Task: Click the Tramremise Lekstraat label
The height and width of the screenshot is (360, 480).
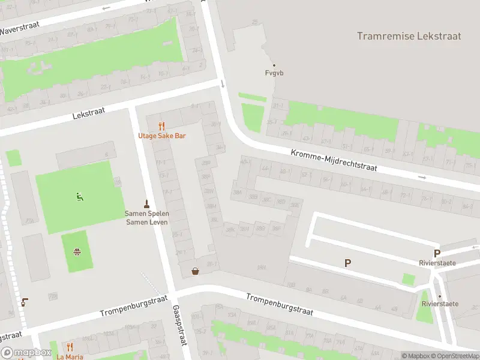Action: (x=409, y=36)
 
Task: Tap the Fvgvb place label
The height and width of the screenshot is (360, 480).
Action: (x=274, y=73)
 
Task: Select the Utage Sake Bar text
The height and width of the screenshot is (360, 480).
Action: (x=162, y=136)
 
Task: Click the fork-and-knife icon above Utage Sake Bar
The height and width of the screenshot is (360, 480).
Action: (x=161, y=126)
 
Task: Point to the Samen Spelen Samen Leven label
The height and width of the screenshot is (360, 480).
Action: (x=146, y=217)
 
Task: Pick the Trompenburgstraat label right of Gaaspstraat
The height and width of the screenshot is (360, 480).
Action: (x=279, y=304)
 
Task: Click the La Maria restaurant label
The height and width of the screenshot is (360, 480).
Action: (x=70, y=356)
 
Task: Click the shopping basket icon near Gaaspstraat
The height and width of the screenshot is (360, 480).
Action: (x=195, y=271)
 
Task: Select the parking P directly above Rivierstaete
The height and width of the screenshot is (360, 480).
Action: (x=437, y=253)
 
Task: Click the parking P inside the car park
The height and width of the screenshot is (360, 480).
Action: (x=347, y=263)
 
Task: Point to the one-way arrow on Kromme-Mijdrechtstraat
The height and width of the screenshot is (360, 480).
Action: (x=422, y=178)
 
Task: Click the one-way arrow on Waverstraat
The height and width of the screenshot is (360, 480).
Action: (x=107, y=8)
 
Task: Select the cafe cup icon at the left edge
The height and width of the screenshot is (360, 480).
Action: (x=24, y=302)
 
